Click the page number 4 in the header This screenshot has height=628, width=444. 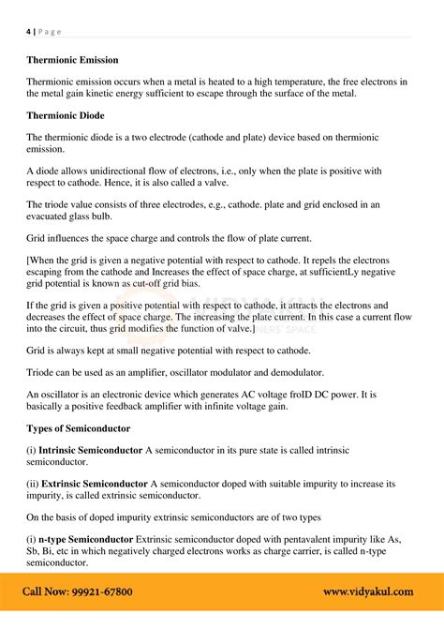coord(28,32)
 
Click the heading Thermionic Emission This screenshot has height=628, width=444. coord(72,60)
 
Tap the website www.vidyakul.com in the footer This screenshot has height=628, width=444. coord(370,592)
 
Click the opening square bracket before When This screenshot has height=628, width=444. coord(28,260)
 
